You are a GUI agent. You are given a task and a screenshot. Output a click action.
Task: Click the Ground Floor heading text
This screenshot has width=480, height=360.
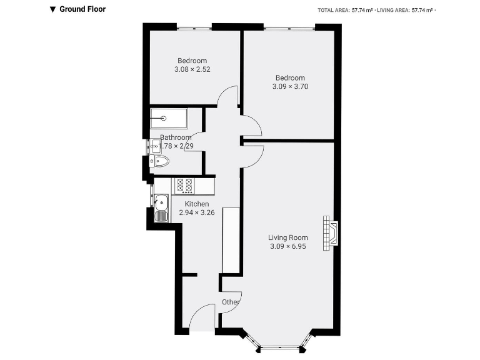[82, 9]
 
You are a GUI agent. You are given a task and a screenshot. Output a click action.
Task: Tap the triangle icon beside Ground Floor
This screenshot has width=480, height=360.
[53, 9]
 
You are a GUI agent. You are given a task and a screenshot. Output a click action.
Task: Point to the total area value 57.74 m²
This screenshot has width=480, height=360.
[361, 10]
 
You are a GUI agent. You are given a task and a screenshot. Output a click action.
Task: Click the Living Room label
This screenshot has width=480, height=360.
[288, 237]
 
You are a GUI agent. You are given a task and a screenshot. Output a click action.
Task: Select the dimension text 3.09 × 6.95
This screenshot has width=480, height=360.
[288, 246]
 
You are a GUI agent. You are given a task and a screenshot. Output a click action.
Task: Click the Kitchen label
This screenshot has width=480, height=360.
[196, 204]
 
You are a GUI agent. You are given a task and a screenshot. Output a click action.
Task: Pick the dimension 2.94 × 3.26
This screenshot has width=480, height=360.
[196, 213]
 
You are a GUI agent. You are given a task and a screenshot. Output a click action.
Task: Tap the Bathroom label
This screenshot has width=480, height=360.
[176, 137]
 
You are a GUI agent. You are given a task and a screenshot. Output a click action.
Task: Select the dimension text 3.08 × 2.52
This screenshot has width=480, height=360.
[192, 69]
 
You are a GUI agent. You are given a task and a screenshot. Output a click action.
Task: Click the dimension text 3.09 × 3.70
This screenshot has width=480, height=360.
[290, 86]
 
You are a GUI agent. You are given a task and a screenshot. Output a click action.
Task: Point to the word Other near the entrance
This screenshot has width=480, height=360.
[231, 302]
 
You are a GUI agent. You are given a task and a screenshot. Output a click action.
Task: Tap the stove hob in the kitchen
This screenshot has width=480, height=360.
[184, 185]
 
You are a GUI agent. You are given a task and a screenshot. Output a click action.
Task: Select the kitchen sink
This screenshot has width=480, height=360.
[162, 207]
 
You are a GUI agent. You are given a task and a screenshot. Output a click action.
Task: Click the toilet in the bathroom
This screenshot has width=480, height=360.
[160, 162]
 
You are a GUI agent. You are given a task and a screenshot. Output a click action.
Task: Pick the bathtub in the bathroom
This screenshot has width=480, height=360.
[169, 117]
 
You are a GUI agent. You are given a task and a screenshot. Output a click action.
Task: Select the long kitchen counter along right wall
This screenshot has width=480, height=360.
[231, 240]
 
